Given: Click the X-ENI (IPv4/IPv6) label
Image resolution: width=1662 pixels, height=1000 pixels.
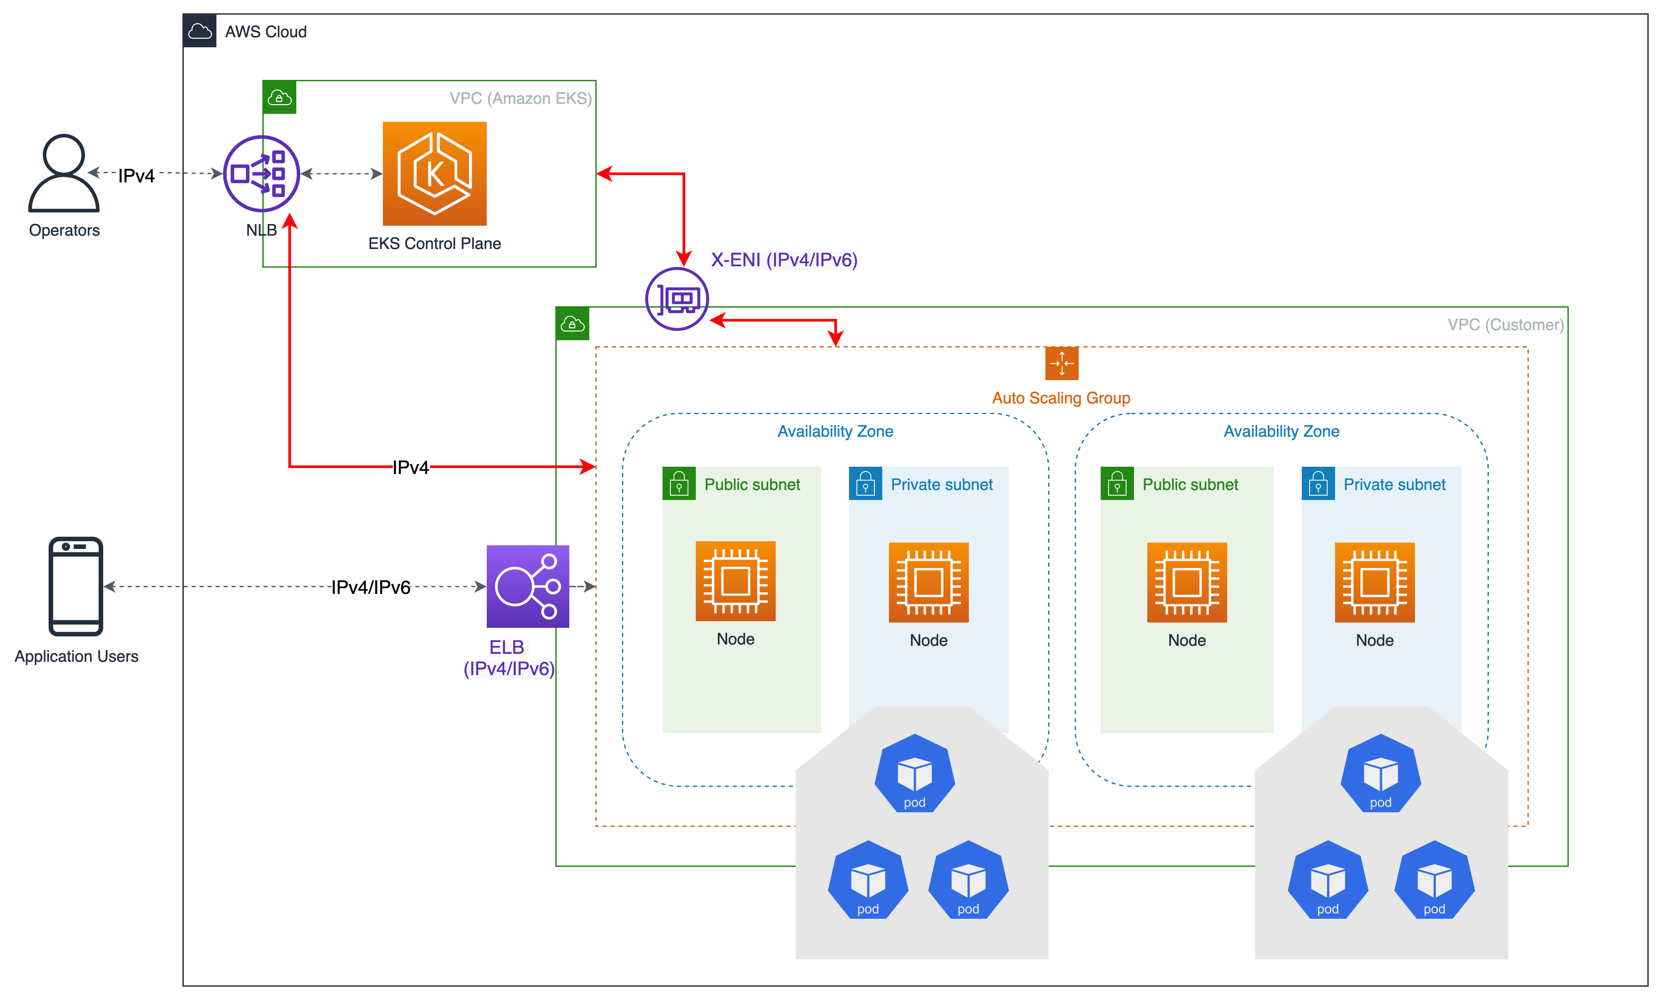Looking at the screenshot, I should (x=784, y=260).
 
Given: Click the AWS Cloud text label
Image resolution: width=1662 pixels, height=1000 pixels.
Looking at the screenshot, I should (x=266, y=32).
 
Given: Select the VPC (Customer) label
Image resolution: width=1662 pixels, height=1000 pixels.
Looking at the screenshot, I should (x=1505, y=325).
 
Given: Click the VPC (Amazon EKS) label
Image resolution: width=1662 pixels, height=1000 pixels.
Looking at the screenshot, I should (x=520, y=99).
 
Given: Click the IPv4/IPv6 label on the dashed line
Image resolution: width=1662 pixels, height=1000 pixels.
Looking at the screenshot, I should (x=371, y=587).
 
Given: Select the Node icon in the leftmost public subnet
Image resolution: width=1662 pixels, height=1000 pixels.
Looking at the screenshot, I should (x=735, y=581).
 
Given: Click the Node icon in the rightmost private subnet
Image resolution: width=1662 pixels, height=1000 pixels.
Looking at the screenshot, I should (x=1374, y=582).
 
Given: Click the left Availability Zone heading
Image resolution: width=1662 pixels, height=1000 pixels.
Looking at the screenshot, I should (x=835, y=431).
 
